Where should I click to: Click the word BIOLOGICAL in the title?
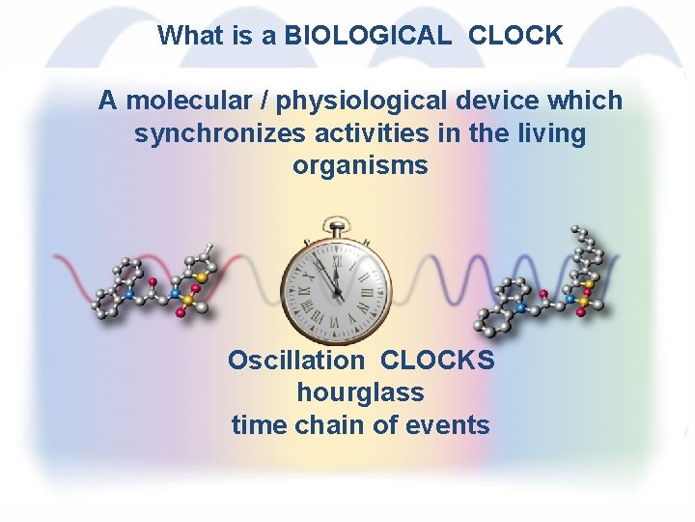point(367,36)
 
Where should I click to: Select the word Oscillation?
point(295,361)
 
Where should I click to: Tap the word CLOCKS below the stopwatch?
point(437,361)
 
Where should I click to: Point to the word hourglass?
point(360,392)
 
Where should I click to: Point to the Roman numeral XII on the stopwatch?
point(338,249)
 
